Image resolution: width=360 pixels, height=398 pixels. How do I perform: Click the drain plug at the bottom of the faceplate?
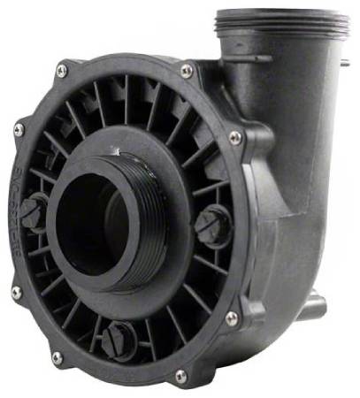point(117,339)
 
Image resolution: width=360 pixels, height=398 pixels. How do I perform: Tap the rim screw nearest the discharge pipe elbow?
point(187,70)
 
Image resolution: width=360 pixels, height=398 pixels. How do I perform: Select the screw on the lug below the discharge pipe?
point(235,137)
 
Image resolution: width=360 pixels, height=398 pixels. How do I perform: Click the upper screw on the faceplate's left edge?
point(19,130)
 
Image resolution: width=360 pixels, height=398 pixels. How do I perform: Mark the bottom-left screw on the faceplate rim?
point(57,357)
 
